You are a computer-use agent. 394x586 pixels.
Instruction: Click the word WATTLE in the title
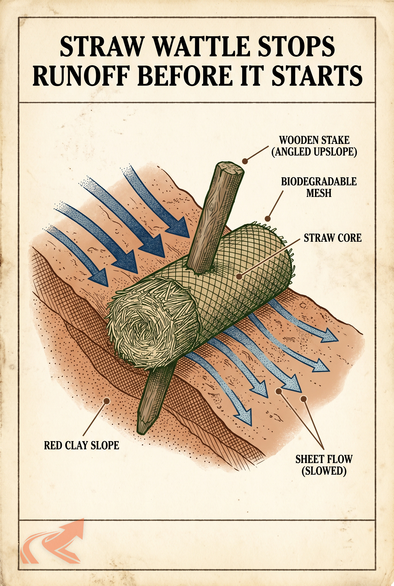click(x=200, y=47)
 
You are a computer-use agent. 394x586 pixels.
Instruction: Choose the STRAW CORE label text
click(x=333, y=238)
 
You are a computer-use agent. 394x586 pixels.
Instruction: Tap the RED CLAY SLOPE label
click(x=81, y=445)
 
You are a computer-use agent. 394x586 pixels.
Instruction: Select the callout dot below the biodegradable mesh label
click(x=268, y=219)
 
